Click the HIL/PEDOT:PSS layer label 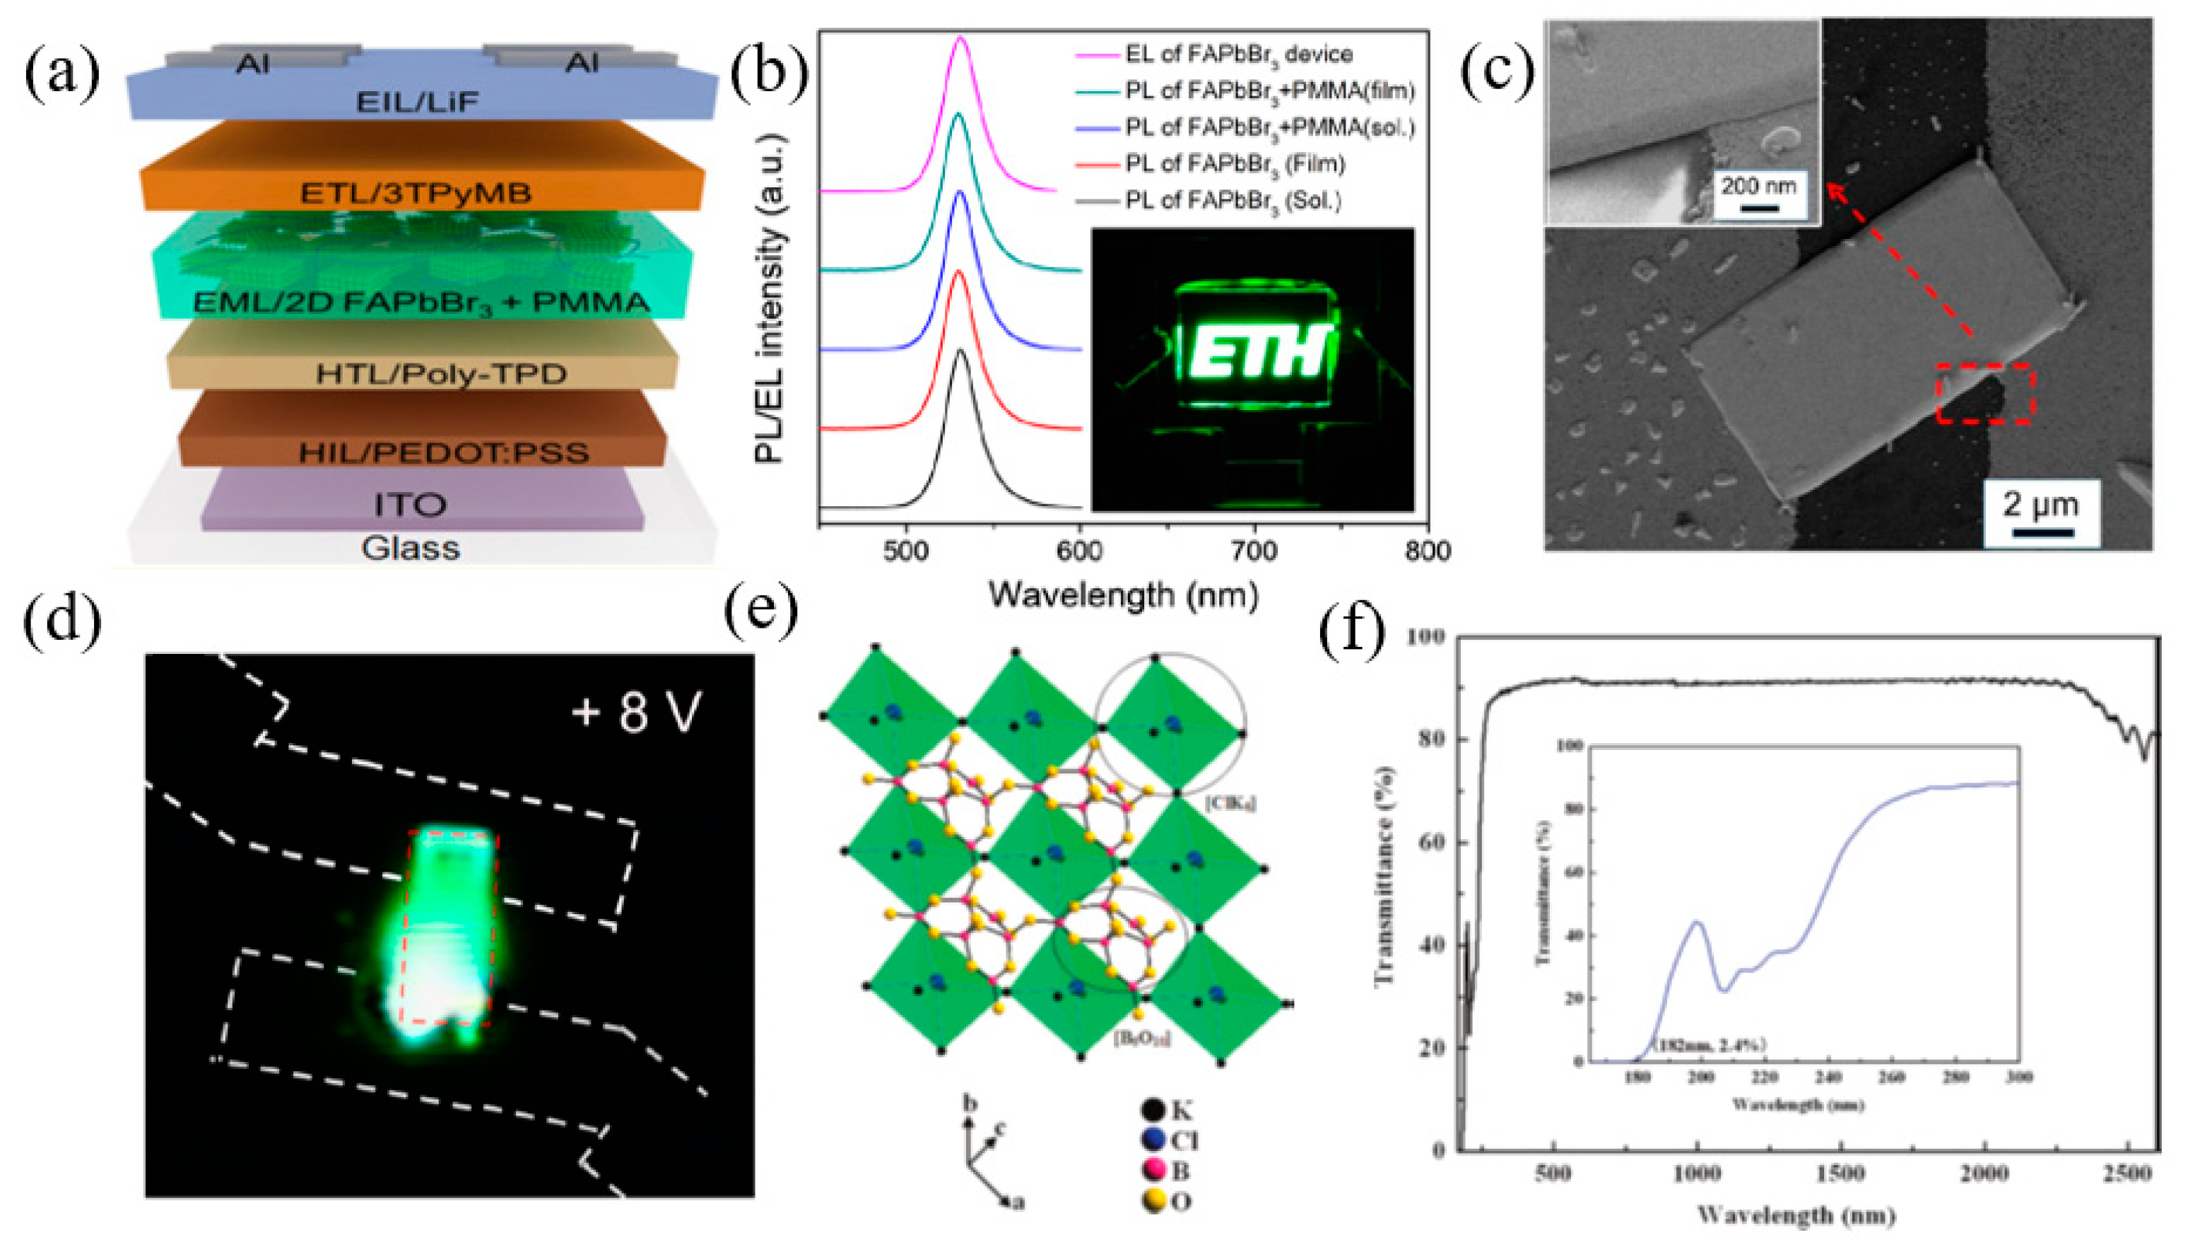442,452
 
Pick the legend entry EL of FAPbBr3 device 1238,54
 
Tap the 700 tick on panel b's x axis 1254,552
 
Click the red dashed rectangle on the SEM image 1985,394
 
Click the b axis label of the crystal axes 969,1104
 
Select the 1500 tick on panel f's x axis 1840,1175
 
